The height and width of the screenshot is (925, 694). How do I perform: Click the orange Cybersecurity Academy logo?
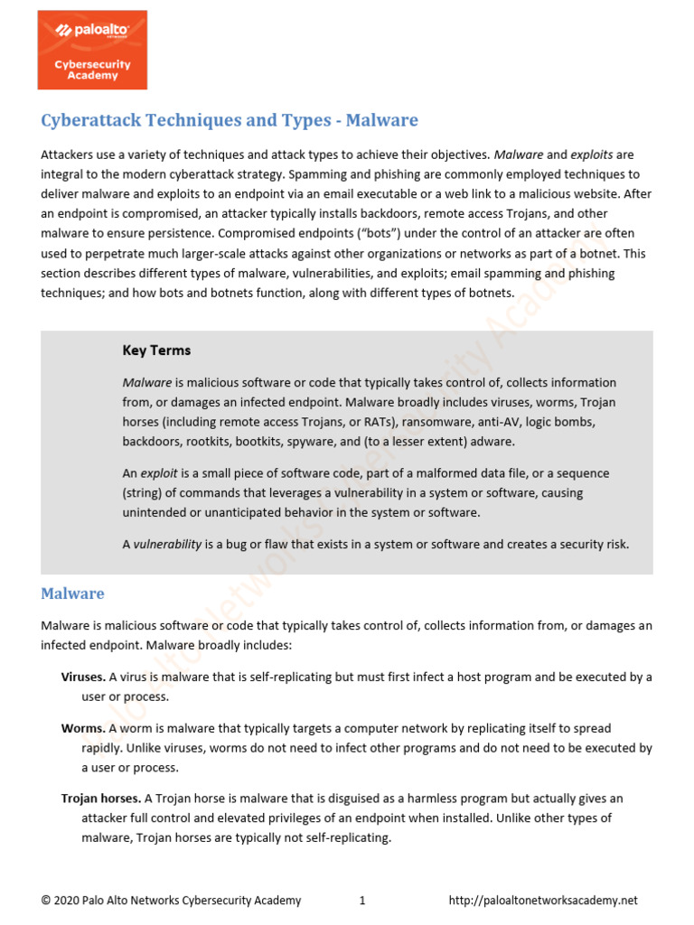coord(91,50)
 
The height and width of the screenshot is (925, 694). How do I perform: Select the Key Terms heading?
coord(156,350)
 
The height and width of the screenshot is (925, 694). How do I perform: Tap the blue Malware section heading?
coord(72,593)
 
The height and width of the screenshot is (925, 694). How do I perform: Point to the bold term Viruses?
coord(82,677)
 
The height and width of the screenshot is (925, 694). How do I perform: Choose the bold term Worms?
coord(82,728)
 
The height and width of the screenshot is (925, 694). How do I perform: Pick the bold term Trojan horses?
coord(100,799)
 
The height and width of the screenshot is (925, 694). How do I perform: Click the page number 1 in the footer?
coord(361,901)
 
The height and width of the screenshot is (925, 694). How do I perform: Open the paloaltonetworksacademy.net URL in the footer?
coord(543,901)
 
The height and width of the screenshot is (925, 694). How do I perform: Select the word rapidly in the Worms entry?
coord(102,748)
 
